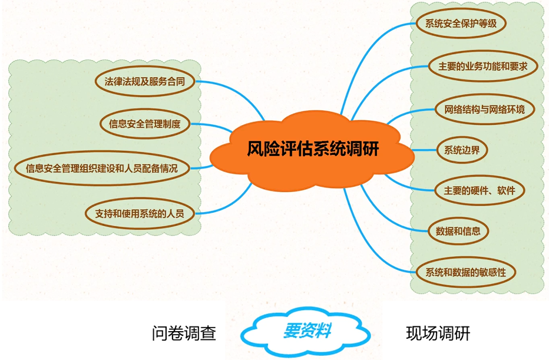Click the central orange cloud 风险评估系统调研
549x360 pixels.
coord(312,148)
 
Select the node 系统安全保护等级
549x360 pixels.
coord(457,24)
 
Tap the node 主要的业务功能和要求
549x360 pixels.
coord(482,67)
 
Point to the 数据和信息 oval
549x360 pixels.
coord(458,230)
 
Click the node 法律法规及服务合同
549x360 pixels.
coord(144,81)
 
